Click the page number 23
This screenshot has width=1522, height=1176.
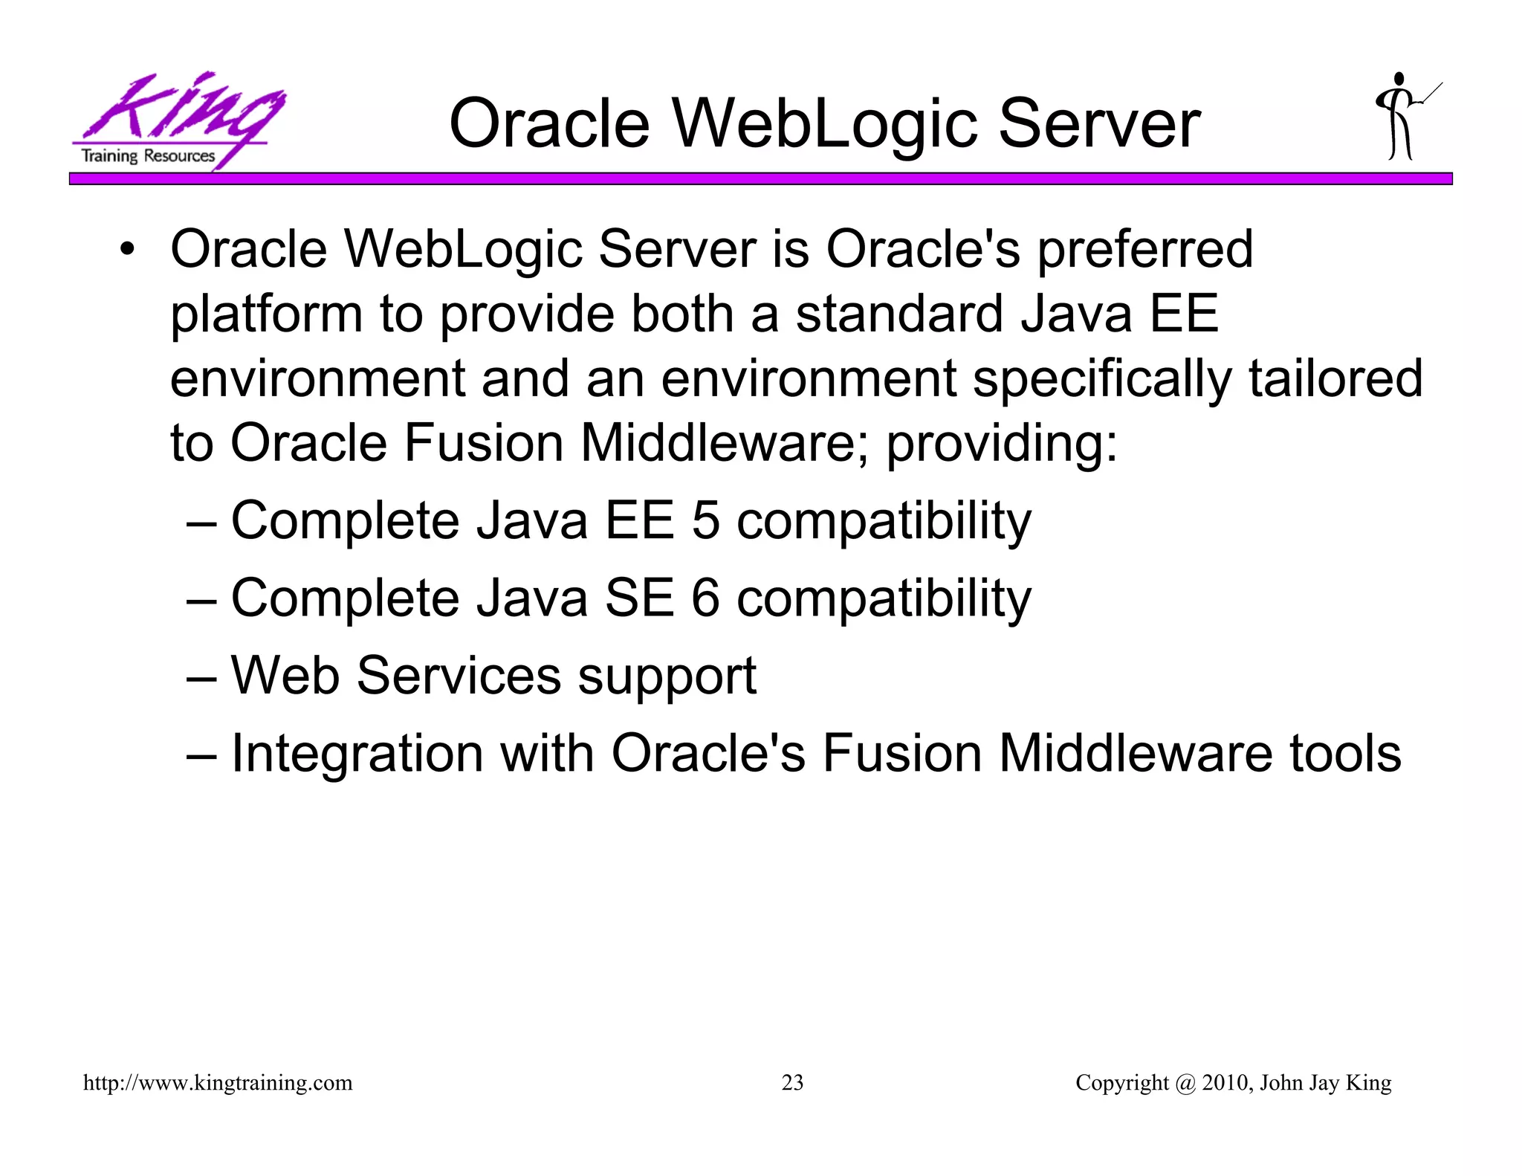792,1082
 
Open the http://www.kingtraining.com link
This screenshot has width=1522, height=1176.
218,1082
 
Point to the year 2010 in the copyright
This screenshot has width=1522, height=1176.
1226,1082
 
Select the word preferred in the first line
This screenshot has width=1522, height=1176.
1144,251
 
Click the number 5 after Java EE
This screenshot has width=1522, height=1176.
706,520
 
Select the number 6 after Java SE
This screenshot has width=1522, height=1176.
706,598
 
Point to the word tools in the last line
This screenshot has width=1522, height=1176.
1345,753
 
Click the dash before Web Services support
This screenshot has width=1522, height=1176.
201,677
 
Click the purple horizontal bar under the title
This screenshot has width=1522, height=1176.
760,178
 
